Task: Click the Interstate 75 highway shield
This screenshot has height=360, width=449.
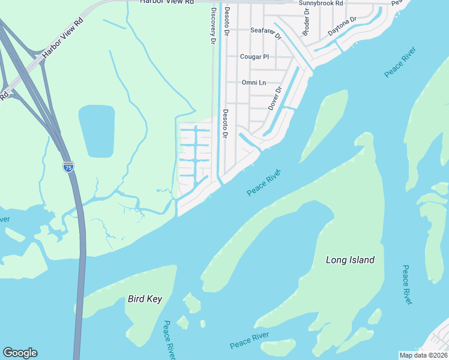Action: pyautogui.click(x=68, y=167)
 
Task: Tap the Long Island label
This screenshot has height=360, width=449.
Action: pyautogui.click(x=350, y=260)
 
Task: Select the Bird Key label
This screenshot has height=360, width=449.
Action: pyautogui.click(x=145, y=299)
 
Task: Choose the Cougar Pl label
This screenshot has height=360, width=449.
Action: pyautogui.click(x=254, y=57)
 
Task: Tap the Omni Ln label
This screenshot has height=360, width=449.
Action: pyautogui.click(x=253, y=82)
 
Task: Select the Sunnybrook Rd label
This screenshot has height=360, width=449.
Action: pyautogui.click(x=321, y=3)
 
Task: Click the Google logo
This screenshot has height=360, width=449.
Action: pyautogui.click(x=20, y=353)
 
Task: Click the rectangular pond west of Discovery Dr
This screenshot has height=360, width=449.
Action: pyautogui.click(x=97, y=131)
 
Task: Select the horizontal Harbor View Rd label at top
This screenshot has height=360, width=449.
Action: pyautogui.click(x=167, y=2)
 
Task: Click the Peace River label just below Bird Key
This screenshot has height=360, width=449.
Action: pyautogui.click(x=169, y=340)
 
